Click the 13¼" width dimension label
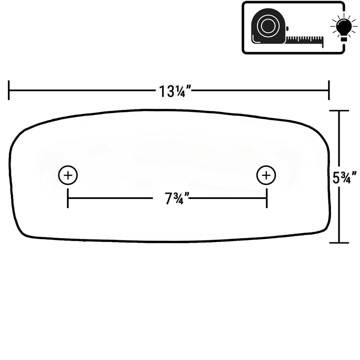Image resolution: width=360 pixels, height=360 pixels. click(x=175, y=91)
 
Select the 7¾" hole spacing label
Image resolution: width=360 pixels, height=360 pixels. click(x=177, y=198)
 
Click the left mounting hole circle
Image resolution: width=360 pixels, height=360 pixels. click(x=67, y=175)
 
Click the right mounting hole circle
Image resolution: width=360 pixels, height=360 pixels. click(x=266, y=175)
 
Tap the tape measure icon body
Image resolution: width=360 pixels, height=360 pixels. click(x=268, y=26)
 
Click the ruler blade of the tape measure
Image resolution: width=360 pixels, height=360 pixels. click(x=304, y=40)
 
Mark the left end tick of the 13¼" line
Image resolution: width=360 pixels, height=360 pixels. click(x=8, y=90)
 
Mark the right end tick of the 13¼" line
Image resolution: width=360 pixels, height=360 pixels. click(x=329, y=90)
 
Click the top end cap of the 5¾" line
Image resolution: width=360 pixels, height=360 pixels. click(x=339, y=110)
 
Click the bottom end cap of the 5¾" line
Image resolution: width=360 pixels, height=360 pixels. click(x=339, y=242)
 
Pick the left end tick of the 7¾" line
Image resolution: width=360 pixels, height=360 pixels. click(x=67, y=198)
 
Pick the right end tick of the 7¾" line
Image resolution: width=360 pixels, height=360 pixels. click(x=266, y=198)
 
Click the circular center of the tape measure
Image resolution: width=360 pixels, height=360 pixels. click(x=267, y=25)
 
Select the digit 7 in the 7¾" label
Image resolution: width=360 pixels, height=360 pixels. click(x=169, y=198)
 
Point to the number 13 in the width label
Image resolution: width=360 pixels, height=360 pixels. click(x=166, y=91)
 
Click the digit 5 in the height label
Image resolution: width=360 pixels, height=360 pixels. click(x=336, y=177)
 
